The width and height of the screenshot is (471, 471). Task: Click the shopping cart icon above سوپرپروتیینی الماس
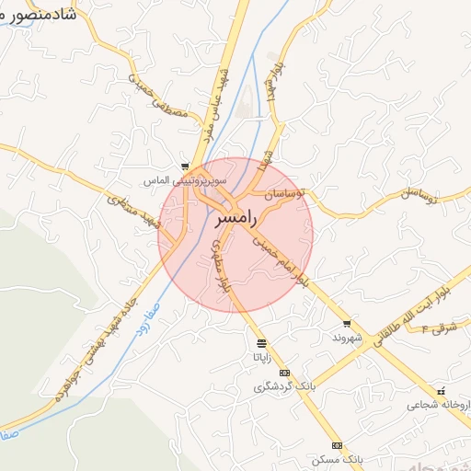pyautogui.click(x=185, y=167)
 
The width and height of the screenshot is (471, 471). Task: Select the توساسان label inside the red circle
pyautogui.click(x=288, y=196)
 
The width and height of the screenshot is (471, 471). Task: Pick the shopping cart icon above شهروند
pyautogui.click(x=346, y=324)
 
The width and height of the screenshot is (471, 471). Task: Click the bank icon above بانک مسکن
pyautogui.click(x=338, y=445)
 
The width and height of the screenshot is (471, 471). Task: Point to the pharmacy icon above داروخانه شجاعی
pyautogui.click(x=442, y=391)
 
